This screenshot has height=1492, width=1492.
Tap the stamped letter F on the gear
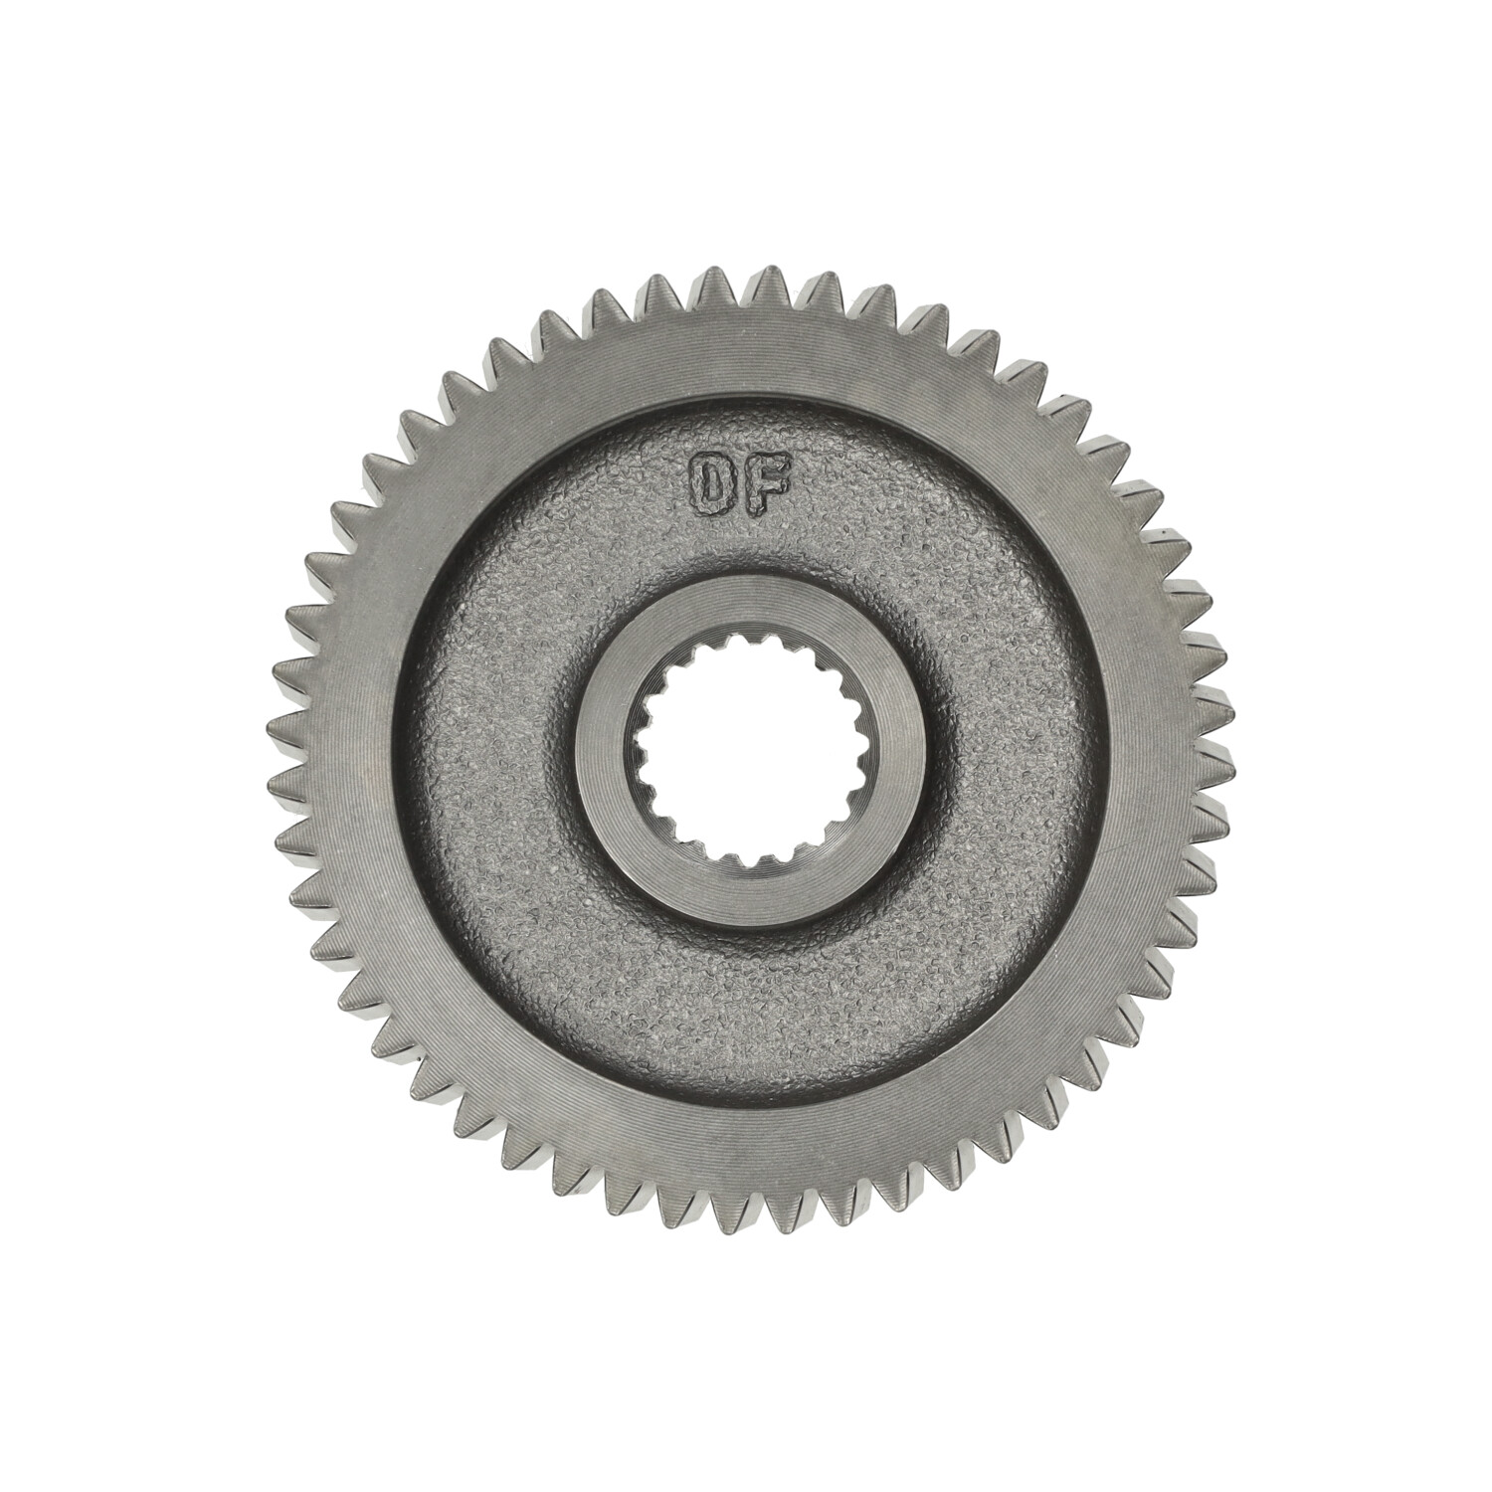coord(772,484)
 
